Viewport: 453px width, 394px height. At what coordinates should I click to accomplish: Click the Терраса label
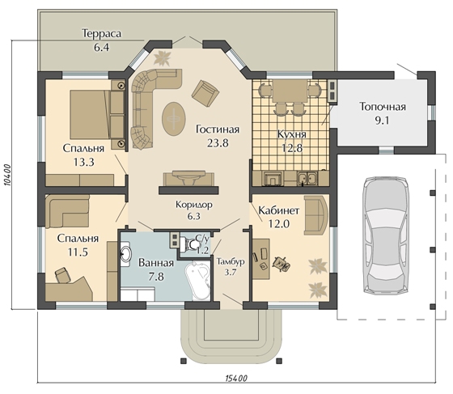[x=101, y=33]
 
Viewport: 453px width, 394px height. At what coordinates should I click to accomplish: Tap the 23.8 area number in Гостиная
[x=218, y=142]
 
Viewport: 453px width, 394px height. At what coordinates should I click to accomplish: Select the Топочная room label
[x=383, y=107]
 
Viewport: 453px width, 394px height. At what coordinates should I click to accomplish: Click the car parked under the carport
[x=387, y=235]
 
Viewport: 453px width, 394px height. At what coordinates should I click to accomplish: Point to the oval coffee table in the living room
[x=173, y=118]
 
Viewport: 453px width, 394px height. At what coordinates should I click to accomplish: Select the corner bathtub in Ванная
[x=198, y=281]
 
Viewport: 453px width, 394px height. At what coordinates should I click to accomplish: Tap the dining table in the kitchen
[x=290, y=91]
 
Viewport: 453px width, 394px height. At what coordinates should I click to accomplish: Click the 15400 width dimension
[x=235, y=378]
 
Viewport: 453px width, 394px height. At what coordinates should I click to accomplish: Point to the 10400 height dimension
[x=8, y=176]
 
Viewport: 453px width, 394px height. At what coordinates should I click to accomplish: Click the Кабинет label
[x=278, y=210]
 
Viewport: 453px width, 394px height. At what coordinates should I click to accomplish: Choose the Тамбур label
[x=231, y=261]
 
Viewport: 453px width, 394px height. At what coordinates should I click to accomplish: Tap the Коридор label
[x=194, y=205]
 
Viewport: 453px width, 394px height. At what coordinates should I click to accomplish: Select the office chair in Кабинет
[x=281, y=264]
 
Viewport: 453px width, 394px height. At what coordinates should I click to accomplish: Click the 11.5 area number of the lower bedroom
[x=78, y=252]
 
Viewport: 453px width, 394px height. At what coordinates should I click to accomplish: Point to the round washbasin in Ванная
[x=125, y=253]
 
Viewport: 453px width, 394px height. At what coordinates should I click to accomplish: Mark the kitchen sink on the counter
[x=307, y=178]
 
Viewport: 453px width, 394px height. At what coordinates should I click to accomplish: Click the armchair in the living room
[x=205, y=93]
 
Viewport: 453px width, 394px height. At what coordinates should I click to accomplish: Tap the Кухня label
[x=292, y=134]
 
